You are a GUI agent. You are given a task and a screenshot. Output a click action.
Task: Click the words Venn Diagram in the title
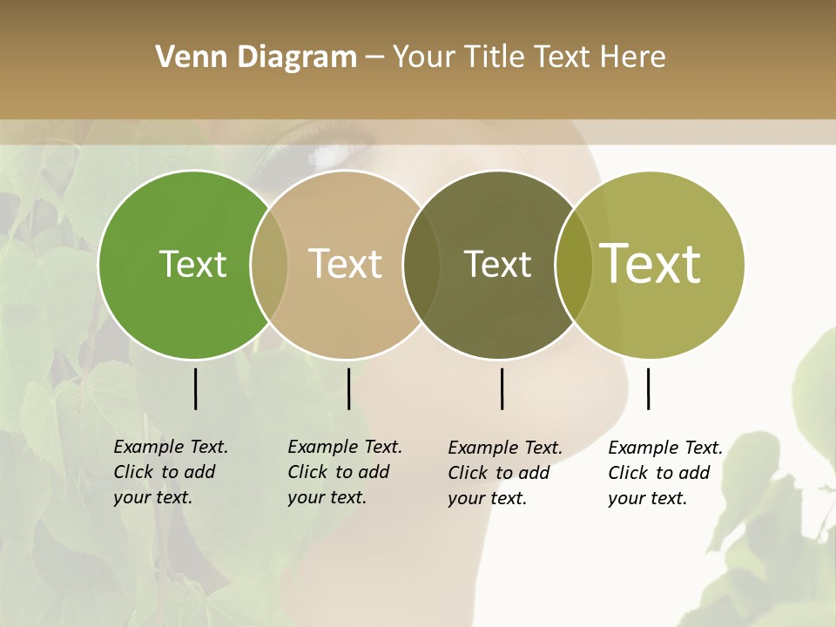[x=256, y=57]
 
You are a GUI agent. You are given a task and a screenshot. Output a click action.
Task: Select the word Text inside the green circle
[x=192, y=264]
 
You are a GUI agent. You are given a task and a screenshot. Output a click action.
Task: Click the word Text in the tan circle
[x=346, y=264]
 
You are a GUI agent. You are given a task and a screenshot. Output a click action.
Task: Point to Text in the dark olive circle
[x=497, y=264]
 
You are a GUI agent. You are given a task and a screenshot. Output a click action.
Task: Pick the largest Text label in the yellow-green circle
[x=651, y=264]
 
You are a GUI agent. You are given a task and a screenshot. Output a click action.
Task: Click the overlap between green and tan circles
[x=269, y=265]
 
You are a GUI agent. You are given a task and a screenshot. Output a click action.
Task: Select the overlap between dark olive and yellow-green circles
[x=574, y=265]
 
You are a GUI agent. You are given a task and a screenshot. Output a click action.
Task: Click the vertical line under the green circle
[x=195, y=388]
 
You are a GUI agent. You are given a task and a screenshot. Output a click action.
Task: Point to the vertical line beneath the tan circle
[x=348, y=388]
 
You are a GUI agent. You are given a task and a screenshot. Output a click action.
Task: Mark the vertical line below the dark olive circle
[x=502, y=388]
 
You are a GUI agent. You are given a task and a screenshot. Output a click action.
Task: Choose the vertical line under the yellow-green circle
[x=648, y=388]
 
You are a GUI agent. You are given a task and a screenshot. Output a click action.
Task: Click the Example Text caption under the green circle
[x=171, y=472]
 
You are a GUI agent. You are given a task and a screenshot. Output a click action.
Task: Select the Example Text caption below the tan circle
[x=345, y=472]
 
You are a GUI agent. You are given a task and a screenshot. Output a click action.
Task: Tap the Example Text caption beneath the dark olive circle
[x=505, y=473]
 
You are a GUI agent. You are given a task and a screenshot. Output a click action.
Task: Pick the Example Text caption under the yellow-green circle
[x=665, y=473]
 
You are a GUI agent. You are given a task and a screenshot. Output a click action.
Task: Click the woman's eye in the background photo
[x=335, y=155]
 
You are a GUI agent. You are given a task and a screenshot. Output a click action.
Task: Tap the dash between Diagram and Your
[x=374, y=57]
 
